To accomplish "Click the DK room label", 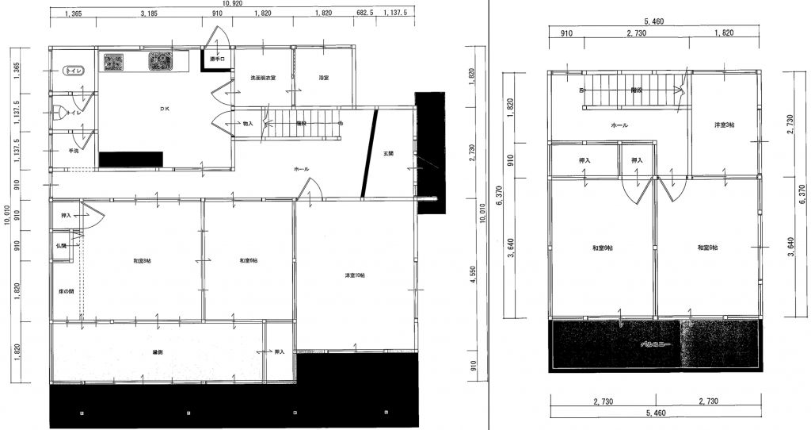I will coord(165,108).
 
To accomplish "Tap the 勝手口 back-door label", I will coord(218,60).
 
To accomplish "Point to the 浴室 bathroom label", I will coord(323,78).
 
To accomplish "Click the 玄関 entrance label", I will coord(389,153).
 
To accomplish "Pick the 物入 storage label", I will coord(247,124).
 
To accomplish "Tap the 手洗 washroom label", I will coord(73,150).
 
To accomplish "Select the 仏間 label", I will coord(62,246).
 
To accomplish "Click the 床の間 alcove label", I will coord(66,291).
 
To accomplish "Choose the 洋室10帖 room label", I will coord(354,275).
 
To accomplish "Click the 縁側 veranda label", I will coord(147,352).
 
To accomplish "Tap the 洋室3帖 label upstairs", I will coord(724,125).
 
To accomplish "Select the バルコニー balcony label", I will coord(655,346).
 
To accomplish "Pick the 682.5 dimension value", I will coord(365,14).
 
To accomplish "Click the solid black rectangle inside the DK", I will coord(131,159).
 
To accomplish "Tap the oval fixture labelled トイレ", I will coord(76,71).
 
